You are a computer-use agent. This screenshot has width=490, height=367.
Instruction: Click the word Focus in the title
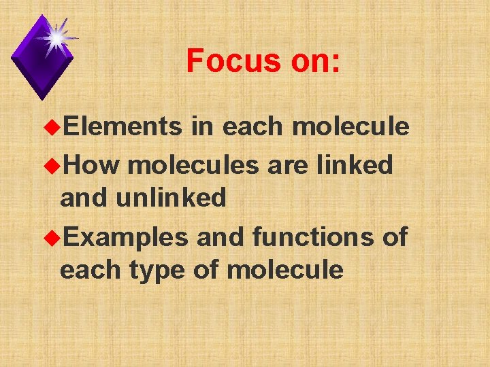231,61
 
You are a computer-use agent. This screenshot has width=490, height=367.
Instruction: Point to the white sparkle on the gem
56,37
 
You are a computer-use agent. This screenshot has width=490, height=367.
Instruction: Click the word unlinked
171,198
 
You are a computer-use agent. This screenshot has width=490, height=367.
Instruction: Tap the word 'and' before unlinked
84,198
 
